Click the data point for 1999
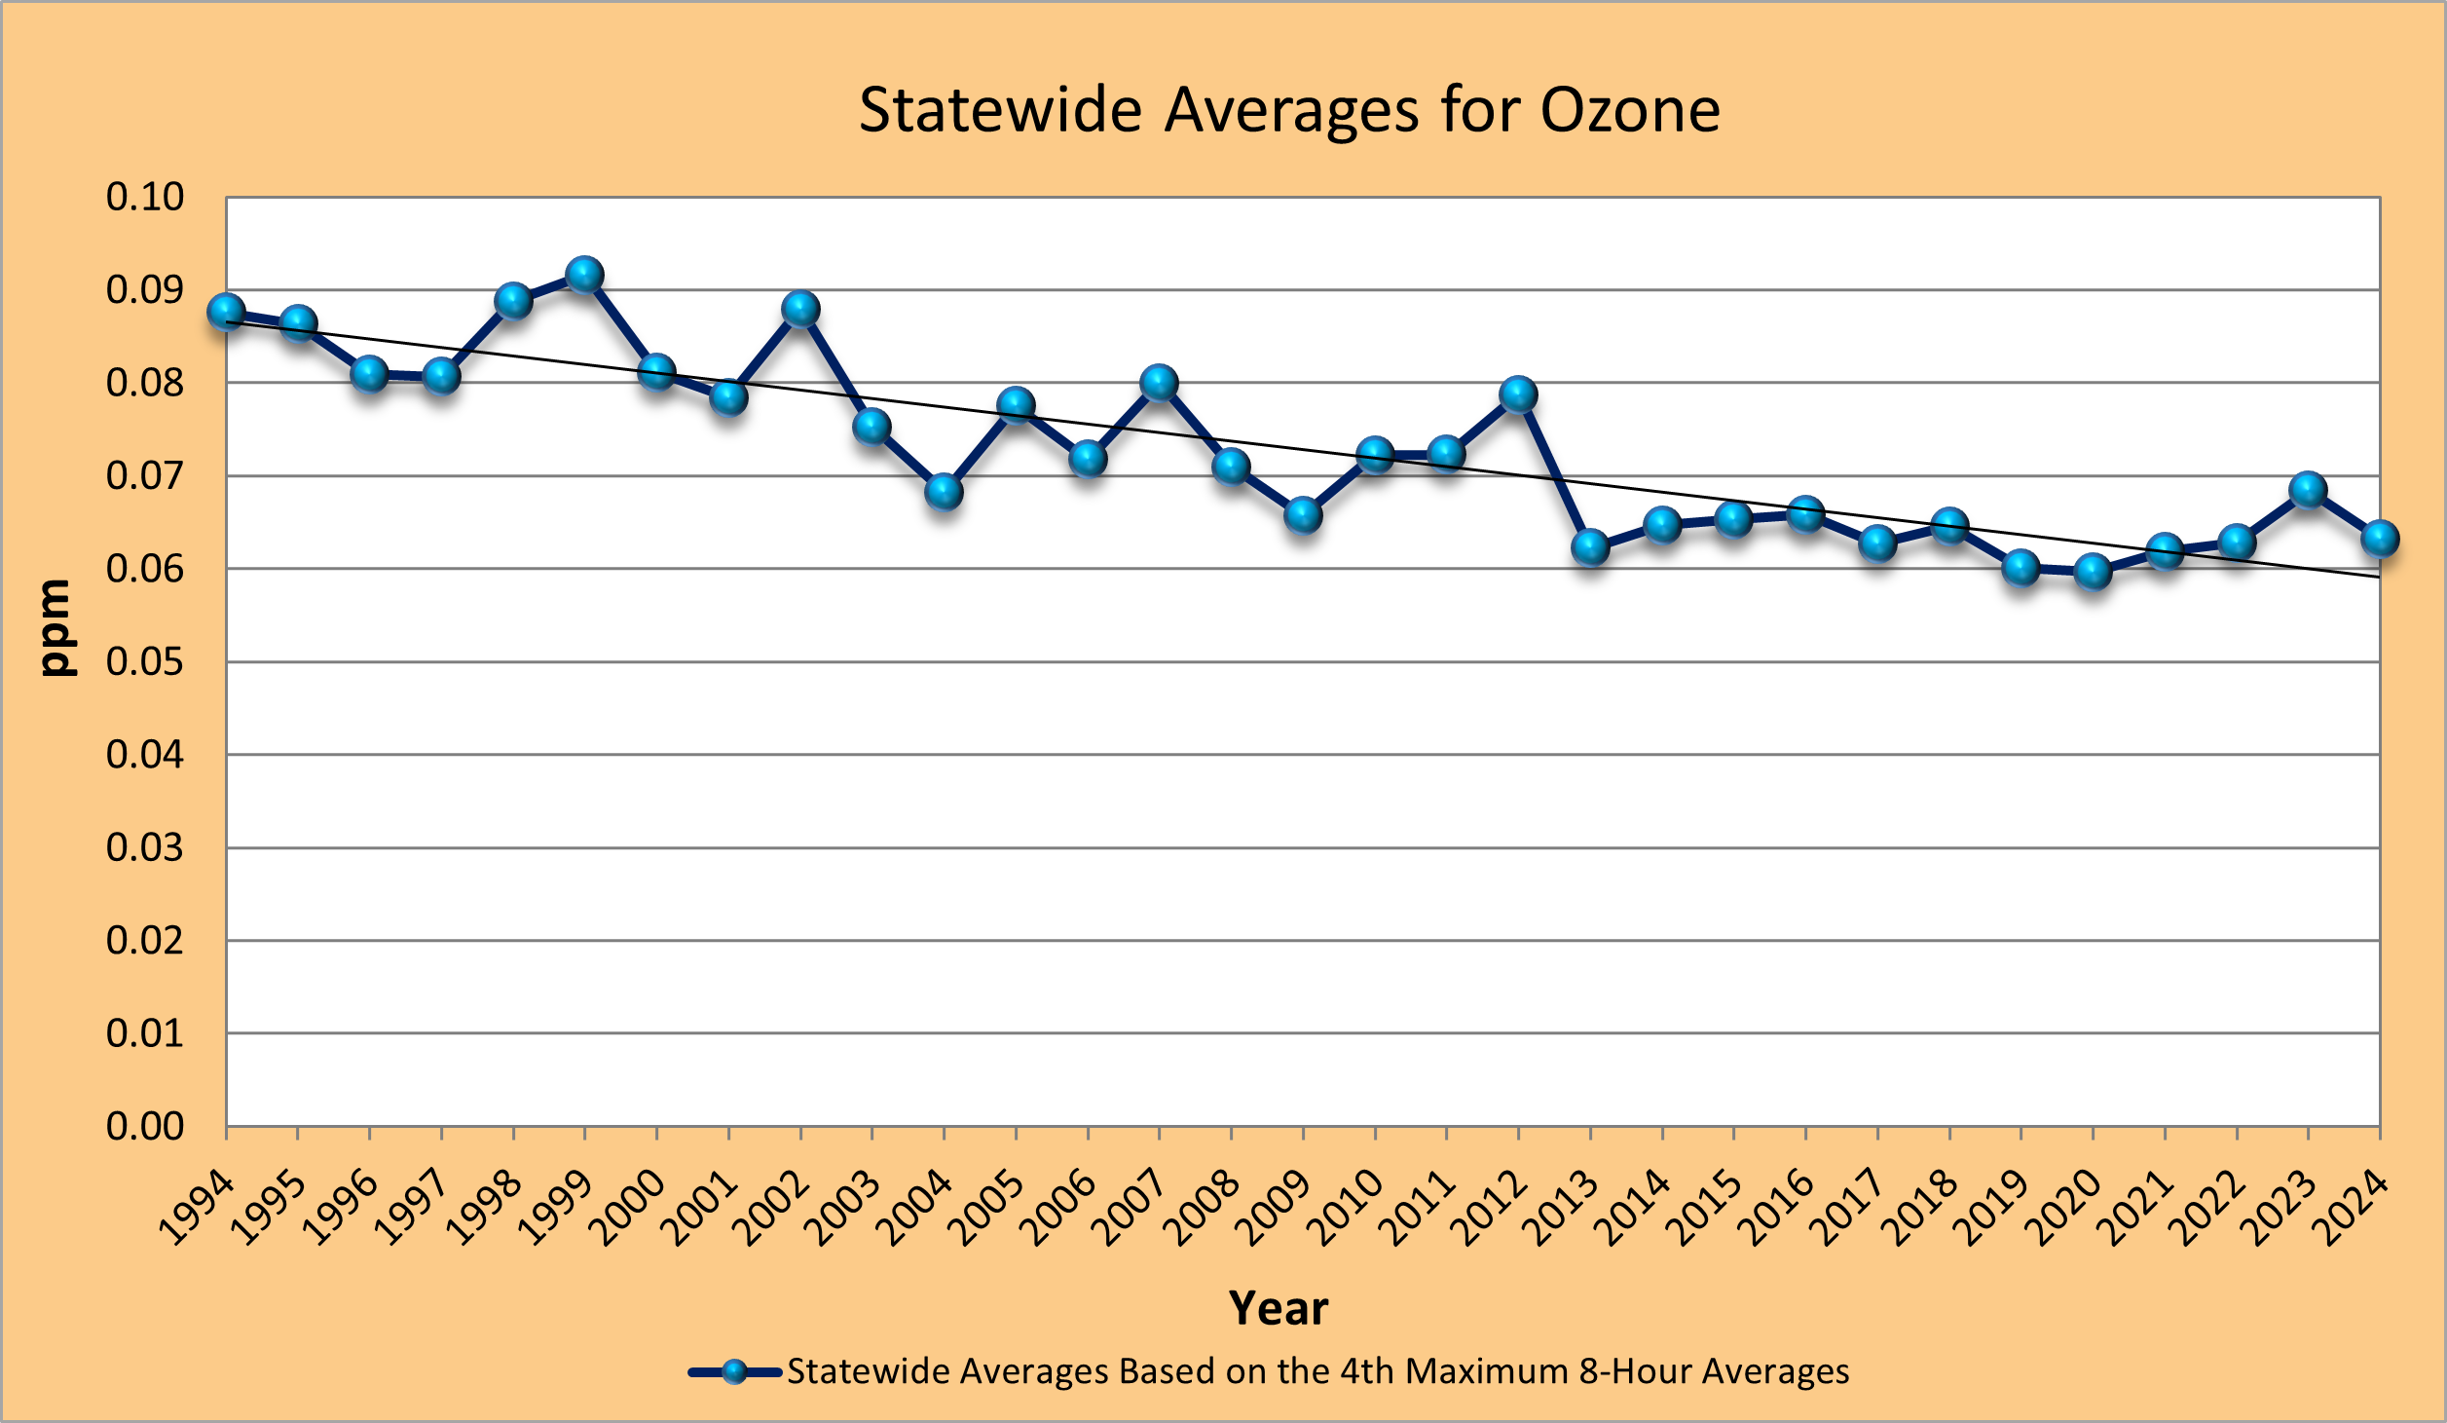(x=584, y=275)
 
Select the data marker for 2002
(x=800, y=310)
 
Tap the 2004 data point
(x=944, y=491)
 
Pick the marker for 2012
(x=1518, y=394)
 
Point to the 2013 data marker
(x=1590, y=547)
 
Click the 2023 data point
(x=2308, y=489)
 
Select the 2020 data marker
(x=2093, y=571)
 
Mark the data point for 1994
(x=226, y=313)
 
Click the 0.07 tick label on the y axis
(x=144, y=475)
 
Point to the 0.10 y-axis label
(x=144, y=197)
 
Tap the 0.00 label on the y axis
(x=144, y=1126)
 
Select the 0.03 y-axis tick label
(x=144, y=847)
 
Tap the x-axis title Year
(x=1278, y=1308)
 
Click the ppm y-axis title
(x=56, y=627)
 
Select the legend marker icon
(x=735, y=1372)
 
